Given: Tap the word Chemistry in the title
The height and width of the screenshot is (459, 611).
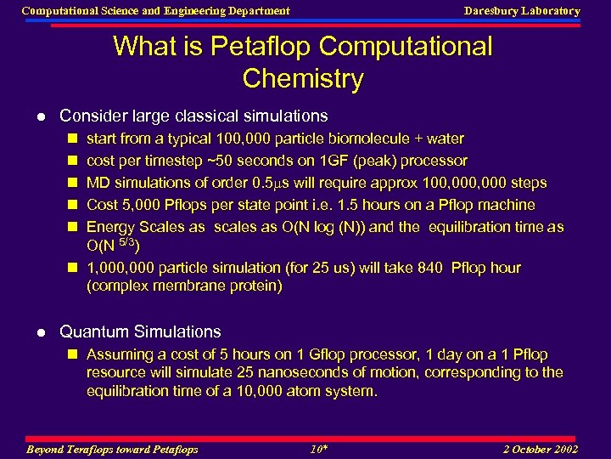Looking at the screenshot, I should point(302,79).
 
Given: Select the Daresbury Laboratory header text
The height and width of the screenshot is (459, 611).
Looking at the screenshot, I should point(522,11).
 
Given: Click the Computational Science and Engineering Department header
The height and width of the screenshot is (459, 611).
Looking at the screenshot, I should point(155,11).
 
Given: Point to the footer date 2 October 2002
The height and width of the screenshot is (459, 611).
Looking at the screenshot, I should point(541,450).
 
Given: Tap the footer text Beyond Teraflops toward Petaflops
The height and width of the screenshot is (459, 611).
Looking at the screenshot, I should point(113,450).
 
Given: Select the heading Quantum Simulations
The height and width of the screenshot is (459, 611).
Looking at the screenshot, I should point(140,331).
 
